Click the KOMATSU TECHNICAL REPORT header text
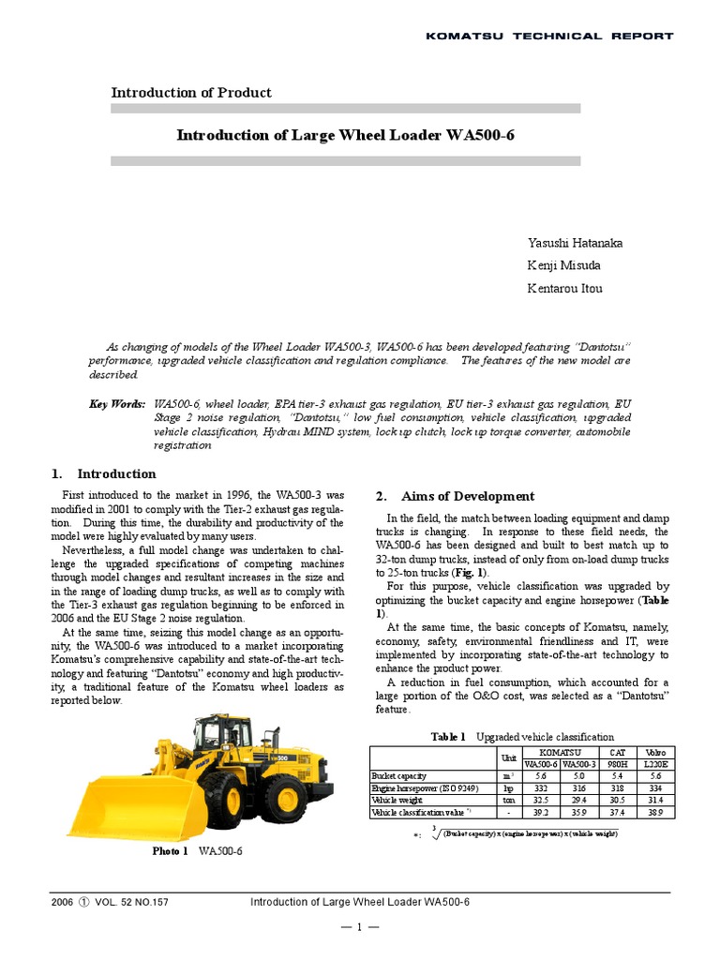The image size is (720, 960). pyautogui.click(x=549, y=36)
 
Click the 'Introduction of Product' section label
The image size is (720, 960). pyautogui.click(x=191, y=93)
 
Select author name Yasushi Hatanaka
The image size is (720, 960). pyautogui.click(x=576, y=244)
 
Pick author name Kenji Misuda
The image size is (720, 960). pyautogui.click(x=564, y=266)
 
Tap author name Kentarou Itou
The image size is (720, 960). pyautogui.click(x=565, y=289)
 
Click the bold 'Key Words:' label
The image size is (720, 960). pyautogui.click(x=117, y=403)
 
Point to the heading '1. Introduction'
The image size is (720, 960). pyautogui.click(x=103, y=474)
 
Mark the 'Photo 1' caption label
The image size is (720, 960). pyautogui.click(x=171, y=851)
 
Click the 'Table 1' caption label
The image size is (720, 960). pyautogui.click(x=448, y=738)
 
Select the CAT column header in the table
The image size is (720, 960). pyautogui.click(x=617, y=753)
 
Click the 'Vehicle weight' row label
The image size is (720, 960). pyautogui.click(x=397, y=802)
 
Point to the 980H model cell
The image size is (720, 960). pyautogui.click(x=617, y=765)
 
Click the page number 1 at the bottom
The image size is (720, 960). pyautogui.click(x=360, y=928)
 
